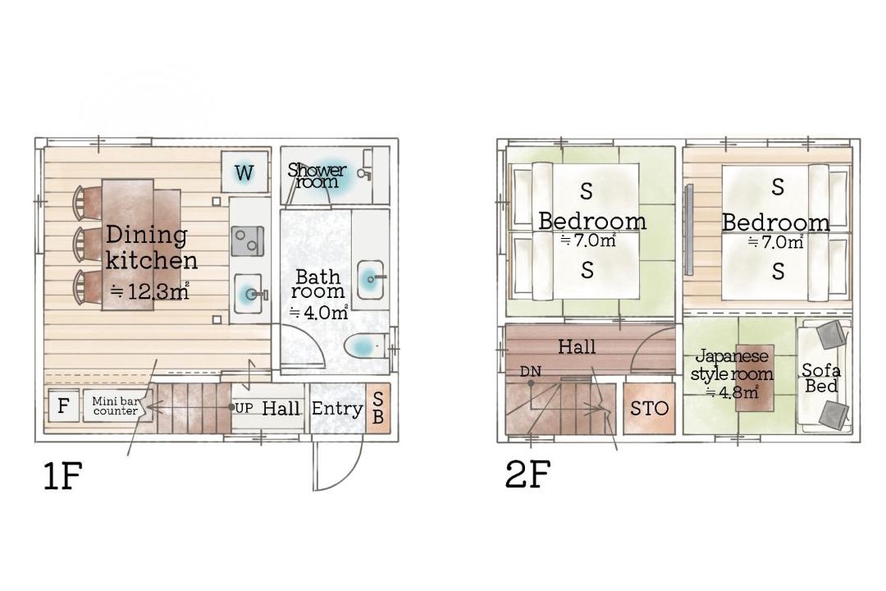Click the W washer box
244,172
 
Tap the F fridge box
63,405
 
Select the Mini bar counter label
116,406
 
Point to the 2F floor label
527,474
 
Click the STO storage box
649,408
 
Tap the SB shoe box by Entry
378,408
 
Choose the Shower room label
317,176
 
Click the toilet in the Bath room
364,346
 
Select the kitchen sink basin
249,294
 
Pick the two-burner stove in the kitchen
248,241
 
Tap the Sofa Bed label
821,378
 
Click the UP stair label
244,408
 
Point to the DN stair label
530,372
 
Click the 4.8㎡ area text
733,392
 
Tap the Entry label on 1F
337,409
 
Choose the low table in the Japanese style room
755,378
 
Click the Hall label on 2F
577,346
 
